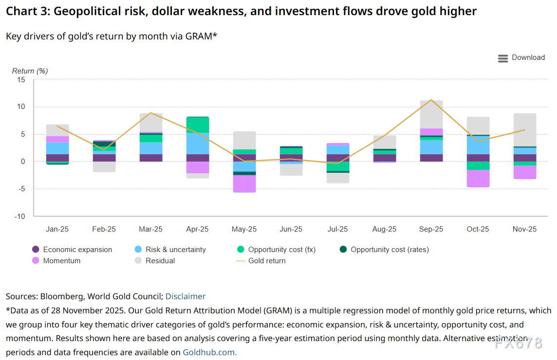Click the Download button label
528,57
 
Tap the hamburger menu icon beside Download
503,58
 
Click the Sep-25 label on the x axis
431,229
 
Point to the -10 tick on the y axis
19,216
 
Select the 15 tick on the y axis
21,80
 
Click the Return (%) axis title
30,71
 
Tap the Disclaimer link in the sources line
186,296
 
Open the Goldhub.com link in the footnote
209,352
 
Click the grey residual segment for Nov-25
524,129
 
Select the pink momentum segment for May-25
244,183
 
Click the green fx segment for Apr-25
197,125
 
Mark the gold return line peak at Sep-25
431,100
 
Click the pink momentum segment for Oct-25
478,179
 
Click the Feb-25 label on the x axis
104,229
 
